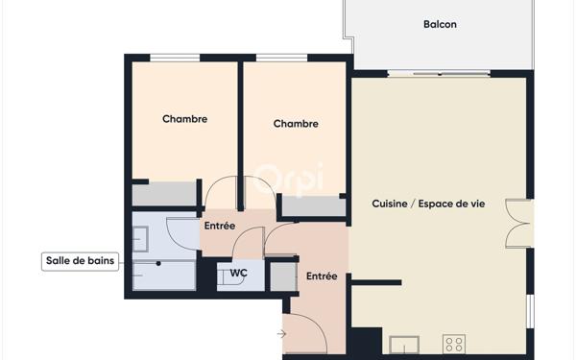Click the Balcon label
(440, 24)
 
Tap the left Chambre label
(184, 119)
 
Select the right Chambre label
(296, 124)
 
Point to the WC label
(238, 274)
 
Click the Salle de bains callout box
(81, 261)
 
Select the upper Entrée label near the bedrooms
(219, 225)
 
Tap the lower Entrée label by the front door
(322, 276)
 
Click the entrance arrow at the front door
(280, 334)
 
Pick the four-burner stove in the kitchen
(454, 344)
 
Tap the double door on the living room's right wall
(518, 223)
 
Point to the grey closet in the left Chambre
(164, 195)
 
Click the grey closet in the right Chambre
(313, 205)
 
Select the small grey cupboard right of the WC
(282, 276)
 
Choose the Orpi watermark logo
(288, 179)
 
